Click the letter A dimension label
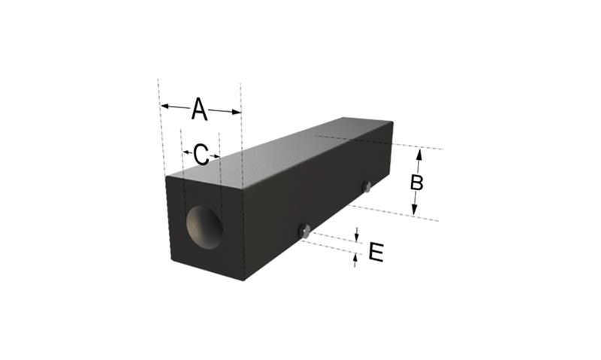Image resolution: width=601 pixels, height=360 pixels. pos(199,109)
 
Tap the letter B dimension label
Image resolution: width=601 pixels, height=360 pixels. pos(417,183)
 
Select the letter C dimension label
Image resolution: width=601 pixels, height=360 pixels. pos(201,155)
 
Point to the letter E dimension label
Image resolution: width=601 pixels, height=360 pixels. pos(376,253)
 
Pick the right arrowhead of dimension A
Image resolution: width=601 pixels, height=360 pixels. pos(237,112)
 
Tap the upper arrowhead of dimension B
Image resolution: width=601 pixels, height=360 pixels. pos(419,154)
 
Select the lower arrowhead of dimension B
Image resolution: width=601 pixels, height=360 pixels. pos(415,210)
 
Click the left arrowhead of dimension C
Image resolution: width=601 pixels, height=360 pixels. pos(186,153)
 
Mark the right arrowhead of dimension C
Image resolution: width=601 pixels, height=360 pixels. pos(217,156)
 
